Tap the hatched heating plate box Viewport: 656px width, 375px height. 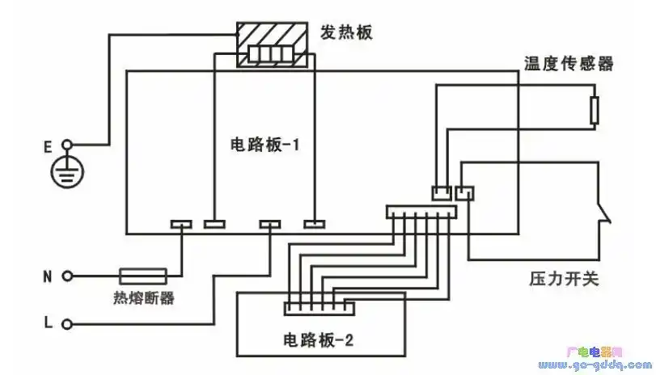click(x=273, y=45)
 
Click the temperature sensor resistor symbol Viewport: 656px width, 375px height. click(x=595, y=111)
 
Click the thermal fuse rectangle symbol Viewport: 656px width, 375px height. click(x=143, y=276)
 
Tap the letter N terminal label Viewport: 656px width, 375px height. click(x=48, y=276)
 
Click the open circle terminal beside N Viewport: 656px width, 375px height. click(x=68, y=276)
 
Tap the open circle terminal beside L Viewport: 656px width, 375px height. click(x=68, y=324)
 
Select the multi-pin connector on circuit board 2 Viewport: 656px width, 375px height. click(x=318, y=308)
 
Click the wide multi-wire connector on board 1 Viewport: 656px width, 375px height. click(x=421, y=213)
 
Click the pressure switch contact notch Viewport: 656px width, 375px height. click(x=603, y=214)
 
